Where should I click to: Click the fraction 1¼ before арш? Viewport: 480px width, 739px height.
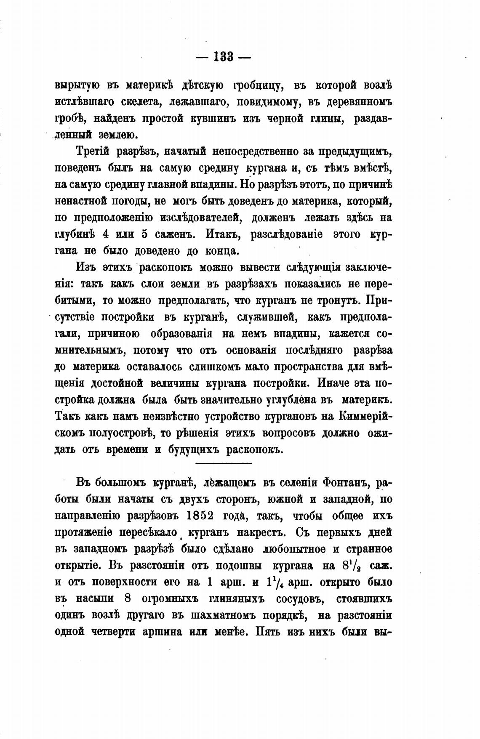point(273,582)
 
